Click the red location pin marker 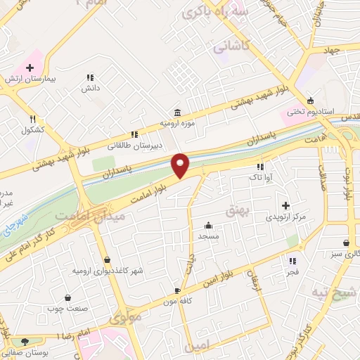[x=181, y=165]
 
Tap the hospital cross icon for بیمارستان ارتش [x=30, y=67]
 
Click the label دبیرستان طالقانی [x=134, y=146]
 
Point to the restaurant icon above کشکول [x=32, y=119]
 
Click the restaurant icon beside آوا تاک [x=260, y=167]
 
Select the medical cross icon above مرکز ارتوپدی [x=285, y=205]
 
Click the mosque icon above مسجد [x=209, y=226]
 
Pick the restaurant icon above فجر [x=292, y=261]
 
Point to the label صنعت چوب [x=67, y=307]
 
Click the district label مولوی [x=126, y=317]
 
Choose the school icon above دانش [x=90, y=77]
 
